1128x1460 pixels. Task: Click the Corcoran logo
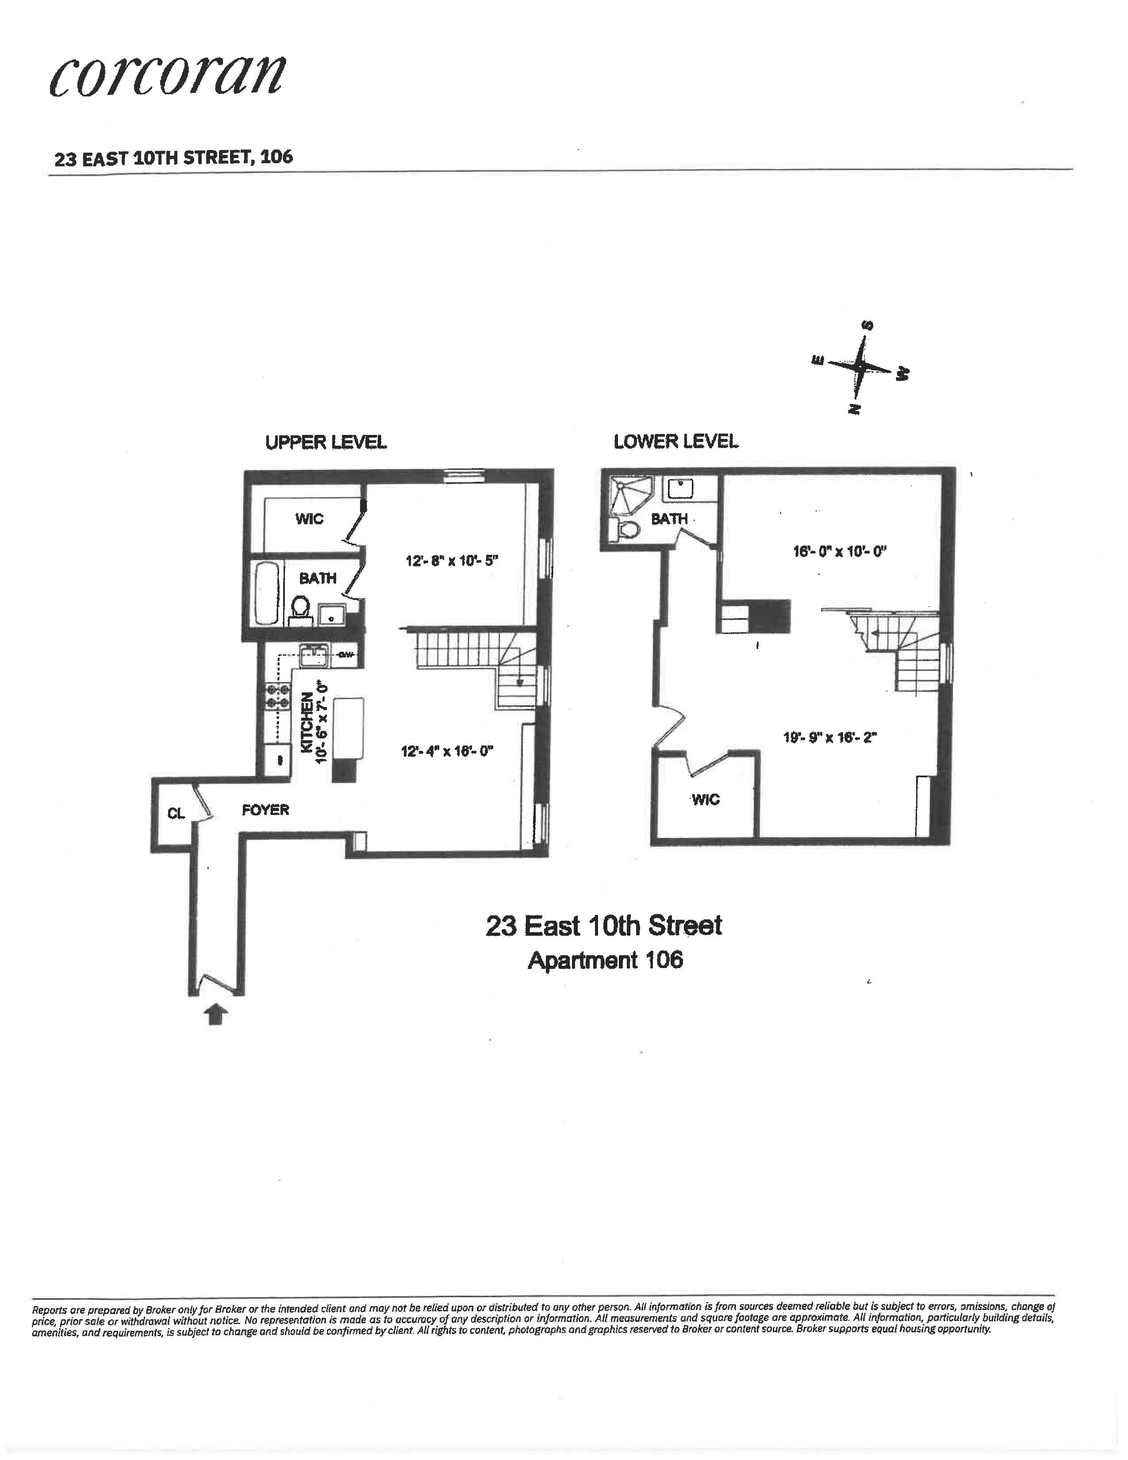(168, 74)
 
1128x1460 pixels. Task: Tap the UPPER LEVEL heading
(326, 442)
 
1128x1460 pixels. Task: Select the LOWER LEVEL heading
(675, 442)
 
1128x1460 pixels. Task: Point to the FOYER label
(265, 810)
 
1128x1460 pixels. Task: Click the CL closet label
(176, 814)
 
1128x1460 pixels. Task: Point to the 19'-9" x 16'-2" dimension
(829, 738)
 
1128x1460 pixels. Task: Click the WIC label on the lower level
(706, 799)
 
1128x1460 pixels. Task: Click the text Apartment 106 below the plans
(605, 961)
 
